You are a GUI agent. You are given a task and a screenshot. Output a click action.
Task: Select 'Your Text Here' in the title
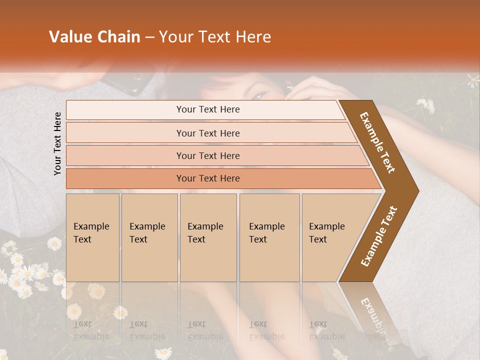(215, 37)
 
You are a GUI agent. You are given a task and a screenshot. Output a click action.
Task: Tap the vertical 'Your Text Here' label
(57, 143)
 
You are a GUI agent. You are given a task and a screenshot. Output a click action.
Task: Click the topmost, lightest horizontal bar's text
(208, 109)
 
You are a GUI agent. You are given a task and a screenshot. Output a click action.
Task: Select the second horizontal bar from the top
(208, 133)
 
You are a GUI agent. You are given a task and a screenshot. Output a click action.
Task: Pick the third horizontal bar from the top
(208, 155)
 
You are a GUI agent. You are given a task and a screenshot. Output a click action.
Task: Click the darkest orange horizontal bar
(208, 178)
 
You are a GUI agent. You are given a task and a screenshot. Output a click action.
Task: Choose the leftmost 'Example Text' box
(92, 237)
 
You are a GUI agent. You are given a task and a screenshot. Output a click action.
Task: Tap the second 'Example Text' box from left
(149, 237)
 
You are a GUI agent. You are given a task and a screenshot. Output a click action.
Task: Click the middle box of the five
(208, 237)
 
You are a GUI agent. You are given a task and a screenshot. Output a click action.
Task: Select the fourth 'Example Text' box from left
(269, 237)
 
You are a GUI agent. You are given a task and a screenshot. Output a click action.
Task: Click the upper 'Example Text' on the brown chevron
(378, 142)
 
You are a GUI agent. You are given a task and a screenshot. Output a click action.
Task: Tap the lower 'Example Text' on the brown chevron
(379, 236)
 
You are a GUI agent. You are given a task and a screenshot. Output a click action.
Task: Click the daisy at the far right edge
(473, 80)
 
